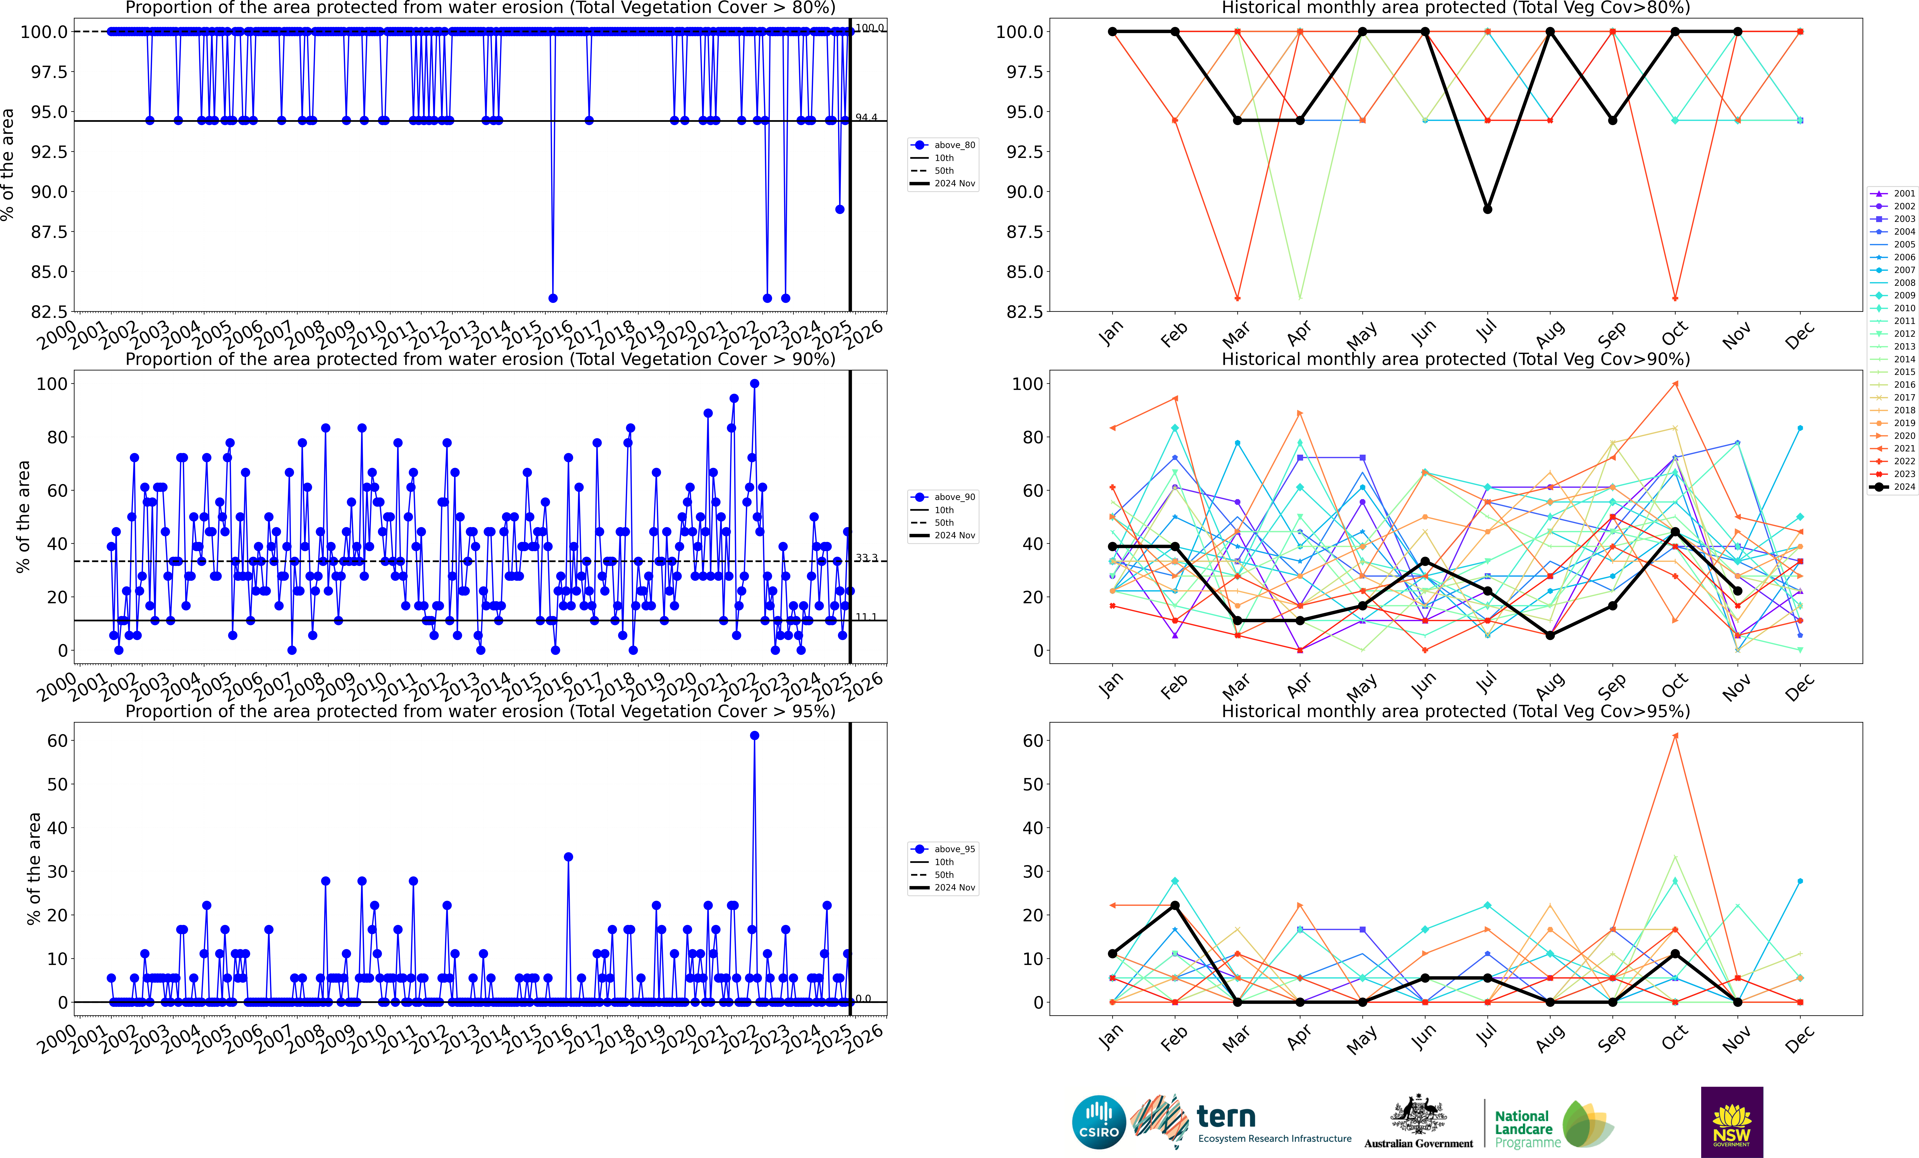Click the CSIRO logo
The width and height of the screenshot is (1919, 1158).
(1099, 1122)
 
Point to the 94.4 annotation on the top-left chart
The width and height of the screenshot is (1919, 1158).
(866, 118)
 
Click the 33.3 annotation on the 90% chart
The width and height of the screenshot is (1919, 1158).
(866, 558)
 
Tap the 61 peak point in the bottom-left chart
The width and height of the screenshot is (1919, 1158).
(754, 735)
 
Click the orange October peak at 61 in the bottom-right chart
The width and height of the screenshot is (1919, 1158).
(1675, 735)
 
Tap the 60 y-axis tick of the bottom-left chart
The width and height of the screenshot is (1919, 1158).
(58, 741)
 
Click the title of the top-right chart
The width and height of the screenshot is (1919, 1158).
(1456, 8)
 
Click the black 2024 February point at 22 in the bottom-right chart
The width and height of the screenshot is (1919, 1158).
(1175, 906)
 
